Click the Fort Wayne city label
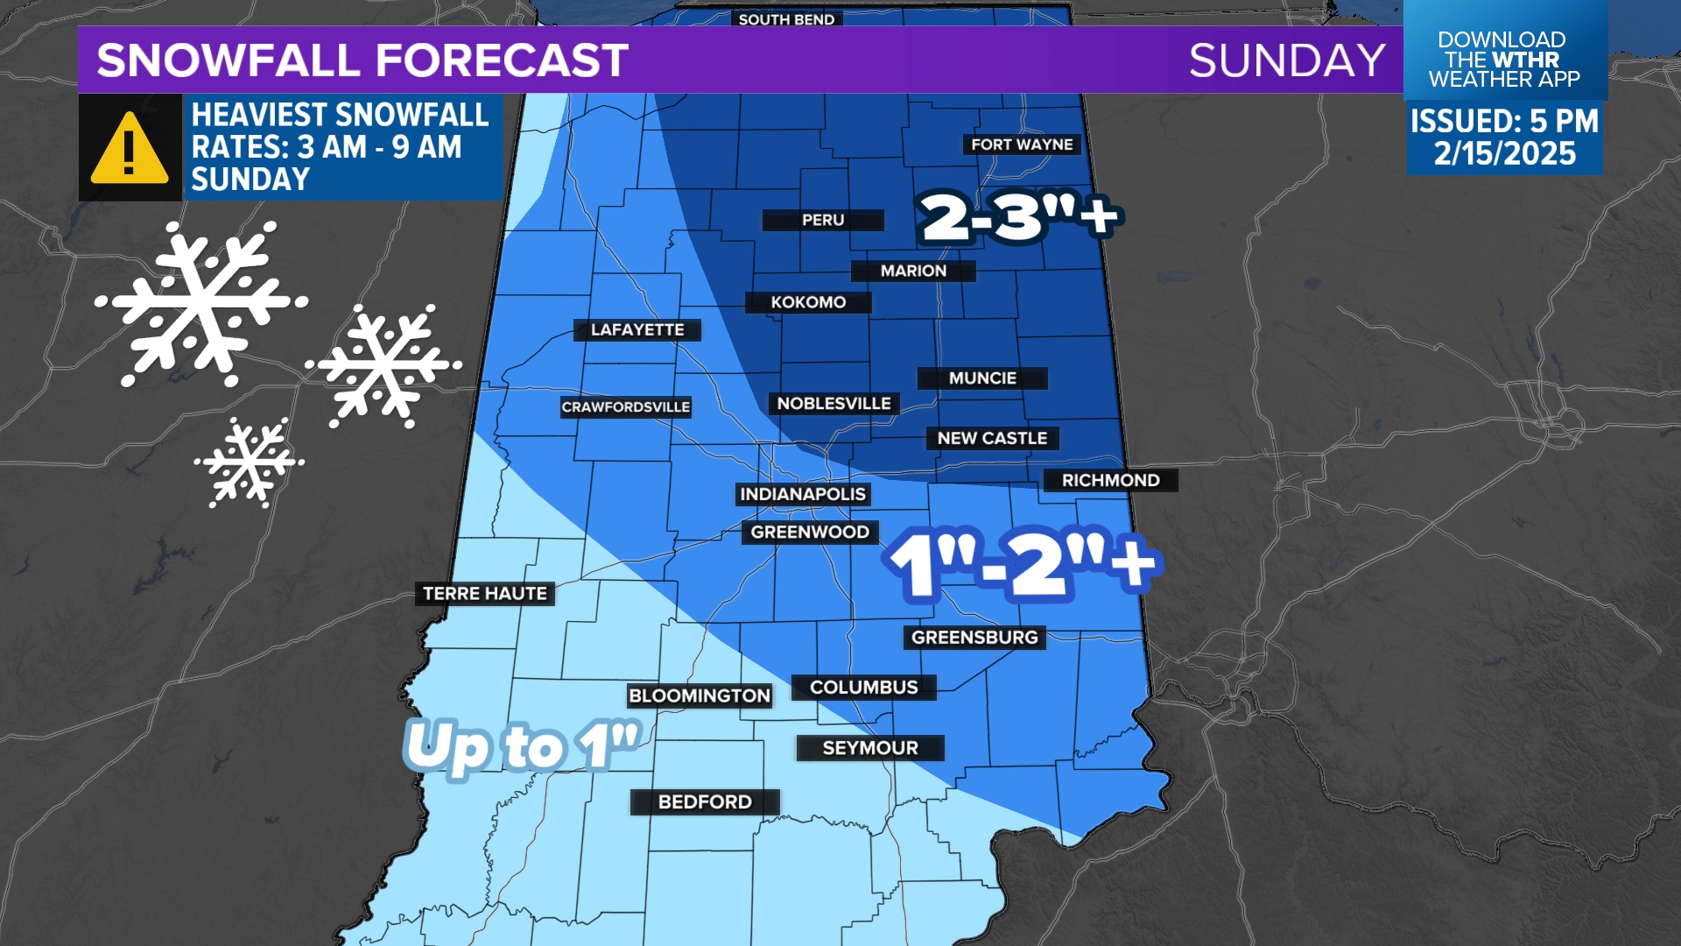tap(1022, 145)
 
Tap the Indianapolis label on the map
tap(803, 494)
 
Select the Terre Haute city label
tap(485, 594)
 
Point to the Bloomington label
tap(700, 695)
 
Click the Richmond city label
tap(1110, 480)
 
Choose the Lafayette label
tap(637, 330)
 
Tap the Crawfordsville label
tap(626, 407)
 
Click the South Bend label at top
tap(786, 18)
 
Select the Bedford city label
tap(705, 801)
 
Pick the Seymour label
tap(870, 748)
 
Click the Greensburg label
tap(974, 638)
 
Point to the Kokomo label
tap(808, 302)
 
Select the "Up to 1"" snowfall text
tap(523, 747)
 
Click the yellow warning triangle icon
tap(130, 149)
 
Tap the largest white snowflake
tap(201, 302)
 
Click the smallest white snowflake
tap(250, 462)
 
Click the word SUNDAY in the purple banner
tap(1286, 60)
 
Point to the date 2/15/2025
tap(1504, 154)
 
